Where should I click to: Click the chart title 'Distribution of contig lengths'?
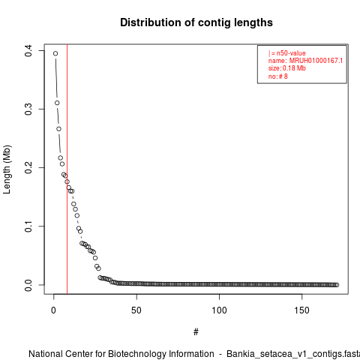(x=196, y=22)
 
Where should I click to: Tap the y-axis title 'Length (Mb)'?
(x=7, y=169)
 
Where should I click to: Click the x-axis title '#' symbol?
(x=196, y=332)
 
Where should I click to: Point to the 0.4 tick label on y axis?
(x=28, y=51)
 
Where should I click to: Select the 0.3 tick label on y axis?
(x=28, y=109)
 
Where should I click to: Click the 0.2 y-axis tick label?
(x=28, y=167)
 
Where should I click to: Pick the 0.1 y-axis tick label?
(x=28, y=226)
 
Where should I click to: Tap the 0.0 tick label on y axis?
(x=28, y=285)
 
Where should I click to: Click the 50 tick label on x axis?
(x=136, y=310)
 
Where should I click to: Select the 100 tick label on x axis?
(x=219, y=310)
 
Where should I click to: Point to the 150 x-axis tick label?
(x=302, y=310)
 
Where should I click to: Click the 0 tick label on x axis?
(x=53, y=310)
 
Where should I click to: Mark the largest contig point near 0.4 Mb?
(x=55, y=53)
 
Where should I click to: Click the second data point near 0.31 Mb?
(x=57, y=103)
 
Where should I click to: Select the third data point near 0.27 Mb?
(x=58, y=129)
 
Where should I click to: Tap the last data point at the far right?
(x=337, y=285)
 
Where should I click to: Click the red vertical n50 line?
(x=67, y=169)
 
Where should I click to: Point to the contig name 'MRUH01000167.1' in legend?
(x=316, y=61)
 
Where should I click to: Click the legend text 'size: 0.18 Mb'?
(x=287, y=68)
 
